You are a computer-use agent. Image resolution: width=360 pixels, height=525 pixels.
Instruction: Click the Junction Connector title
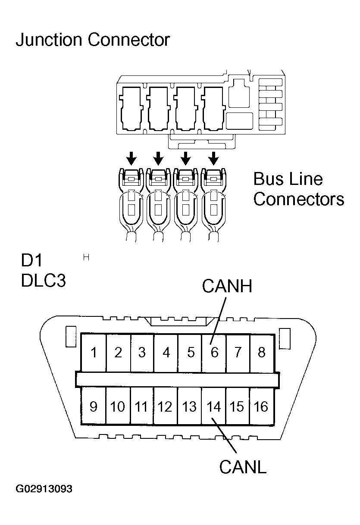(93, 40)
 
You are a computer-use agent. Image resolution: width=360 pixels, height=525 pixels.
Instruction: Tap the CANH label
(226, 287)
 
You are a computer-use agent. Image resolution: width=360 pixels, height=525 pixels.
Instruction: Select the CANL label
(243, 467)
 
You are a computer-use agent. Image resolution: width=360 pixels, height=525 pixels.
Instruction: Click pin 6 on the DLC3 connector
(214, 353)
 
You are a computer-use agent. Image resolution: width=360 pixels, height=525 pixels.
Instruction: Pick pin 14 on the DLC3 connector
(213, 406)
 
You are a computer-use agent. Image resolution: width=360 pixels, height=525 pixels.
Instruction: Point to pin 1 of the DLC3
(94, 353)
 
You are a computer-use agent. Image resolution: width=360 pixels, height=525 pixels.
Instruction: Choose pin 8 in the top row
(262, 353)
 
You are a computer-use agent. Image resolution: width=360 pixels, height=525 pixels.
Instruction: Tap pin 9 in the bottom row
(94, 406)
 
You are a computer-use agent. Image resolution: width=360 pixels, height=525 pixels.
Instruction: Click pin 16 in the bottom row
(261, 406)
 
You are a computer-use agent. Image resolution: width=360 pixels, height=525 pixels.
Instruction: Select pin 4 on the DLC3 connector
(166, 353)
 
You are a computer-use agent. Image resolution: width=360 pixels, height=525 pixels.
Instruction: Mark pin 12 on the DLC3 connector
(165, 406)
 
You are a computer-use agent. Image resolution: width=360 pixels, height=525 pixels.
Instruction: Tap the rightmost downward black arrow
(213, 159)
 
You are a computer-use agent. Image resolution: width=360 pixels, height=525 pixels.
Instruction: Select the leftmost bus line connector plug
(131, 203)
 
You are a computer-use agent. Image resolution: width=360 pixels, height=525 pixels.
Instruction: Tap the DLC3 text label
(43, 281)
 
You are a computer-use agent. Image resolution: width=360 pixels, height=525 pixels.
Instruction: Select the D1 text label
(31, 261)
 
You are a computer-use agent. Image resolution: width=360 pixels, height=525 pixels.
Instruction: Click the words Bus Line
(288, 179)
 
